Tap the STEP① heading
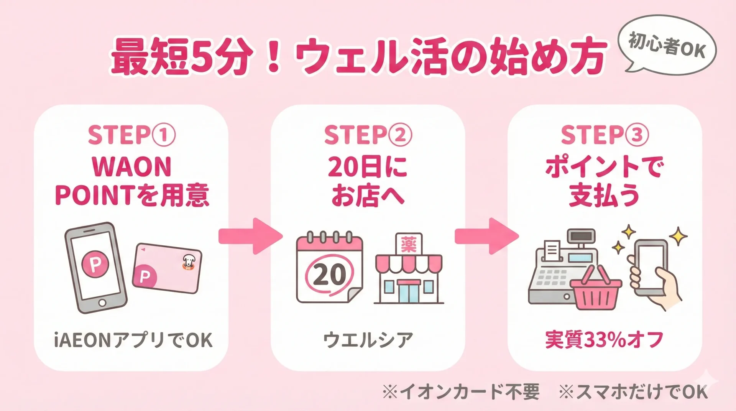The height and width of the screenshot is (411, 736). (x=131, y=135)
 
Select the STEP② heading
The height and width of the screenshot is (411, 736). (x=368, y=135)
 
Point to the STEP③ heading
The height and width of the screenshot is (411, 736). (x=605, y=135)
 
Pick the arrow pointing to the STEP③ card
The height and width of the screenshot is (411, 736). (x=486, y=236)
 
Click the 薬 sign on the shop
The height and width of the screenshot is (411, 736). (x=408, y=244)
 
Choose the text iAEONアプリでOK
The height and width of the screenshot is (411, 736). (x=133, y=340)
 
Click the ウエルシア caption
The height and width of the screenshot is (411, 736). (x=368, y=340)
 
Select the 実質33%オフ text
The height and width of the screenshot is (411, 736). (x=604, y=340)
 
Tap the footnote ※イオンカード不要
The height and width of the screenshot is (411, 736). (x=461, y=392)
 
